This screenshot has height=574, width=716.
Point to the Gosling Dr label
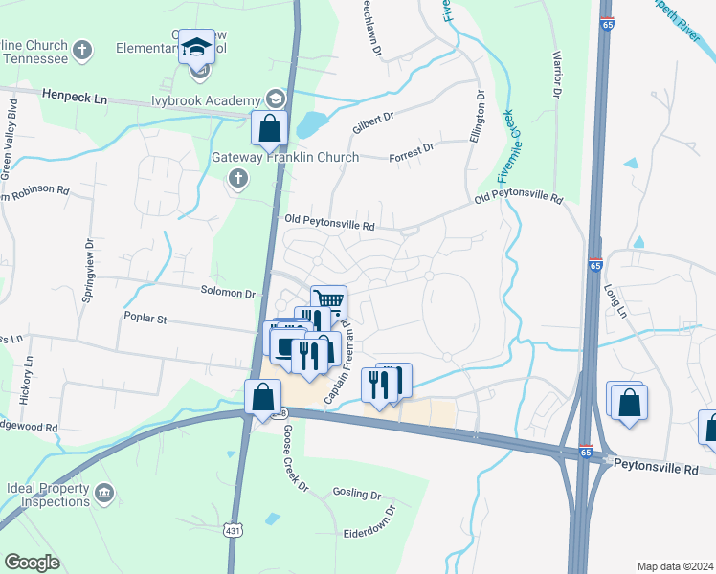357,494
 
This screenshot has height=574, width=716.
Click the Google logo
32,563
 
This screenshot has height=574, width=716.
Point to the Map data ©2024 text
675,565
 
